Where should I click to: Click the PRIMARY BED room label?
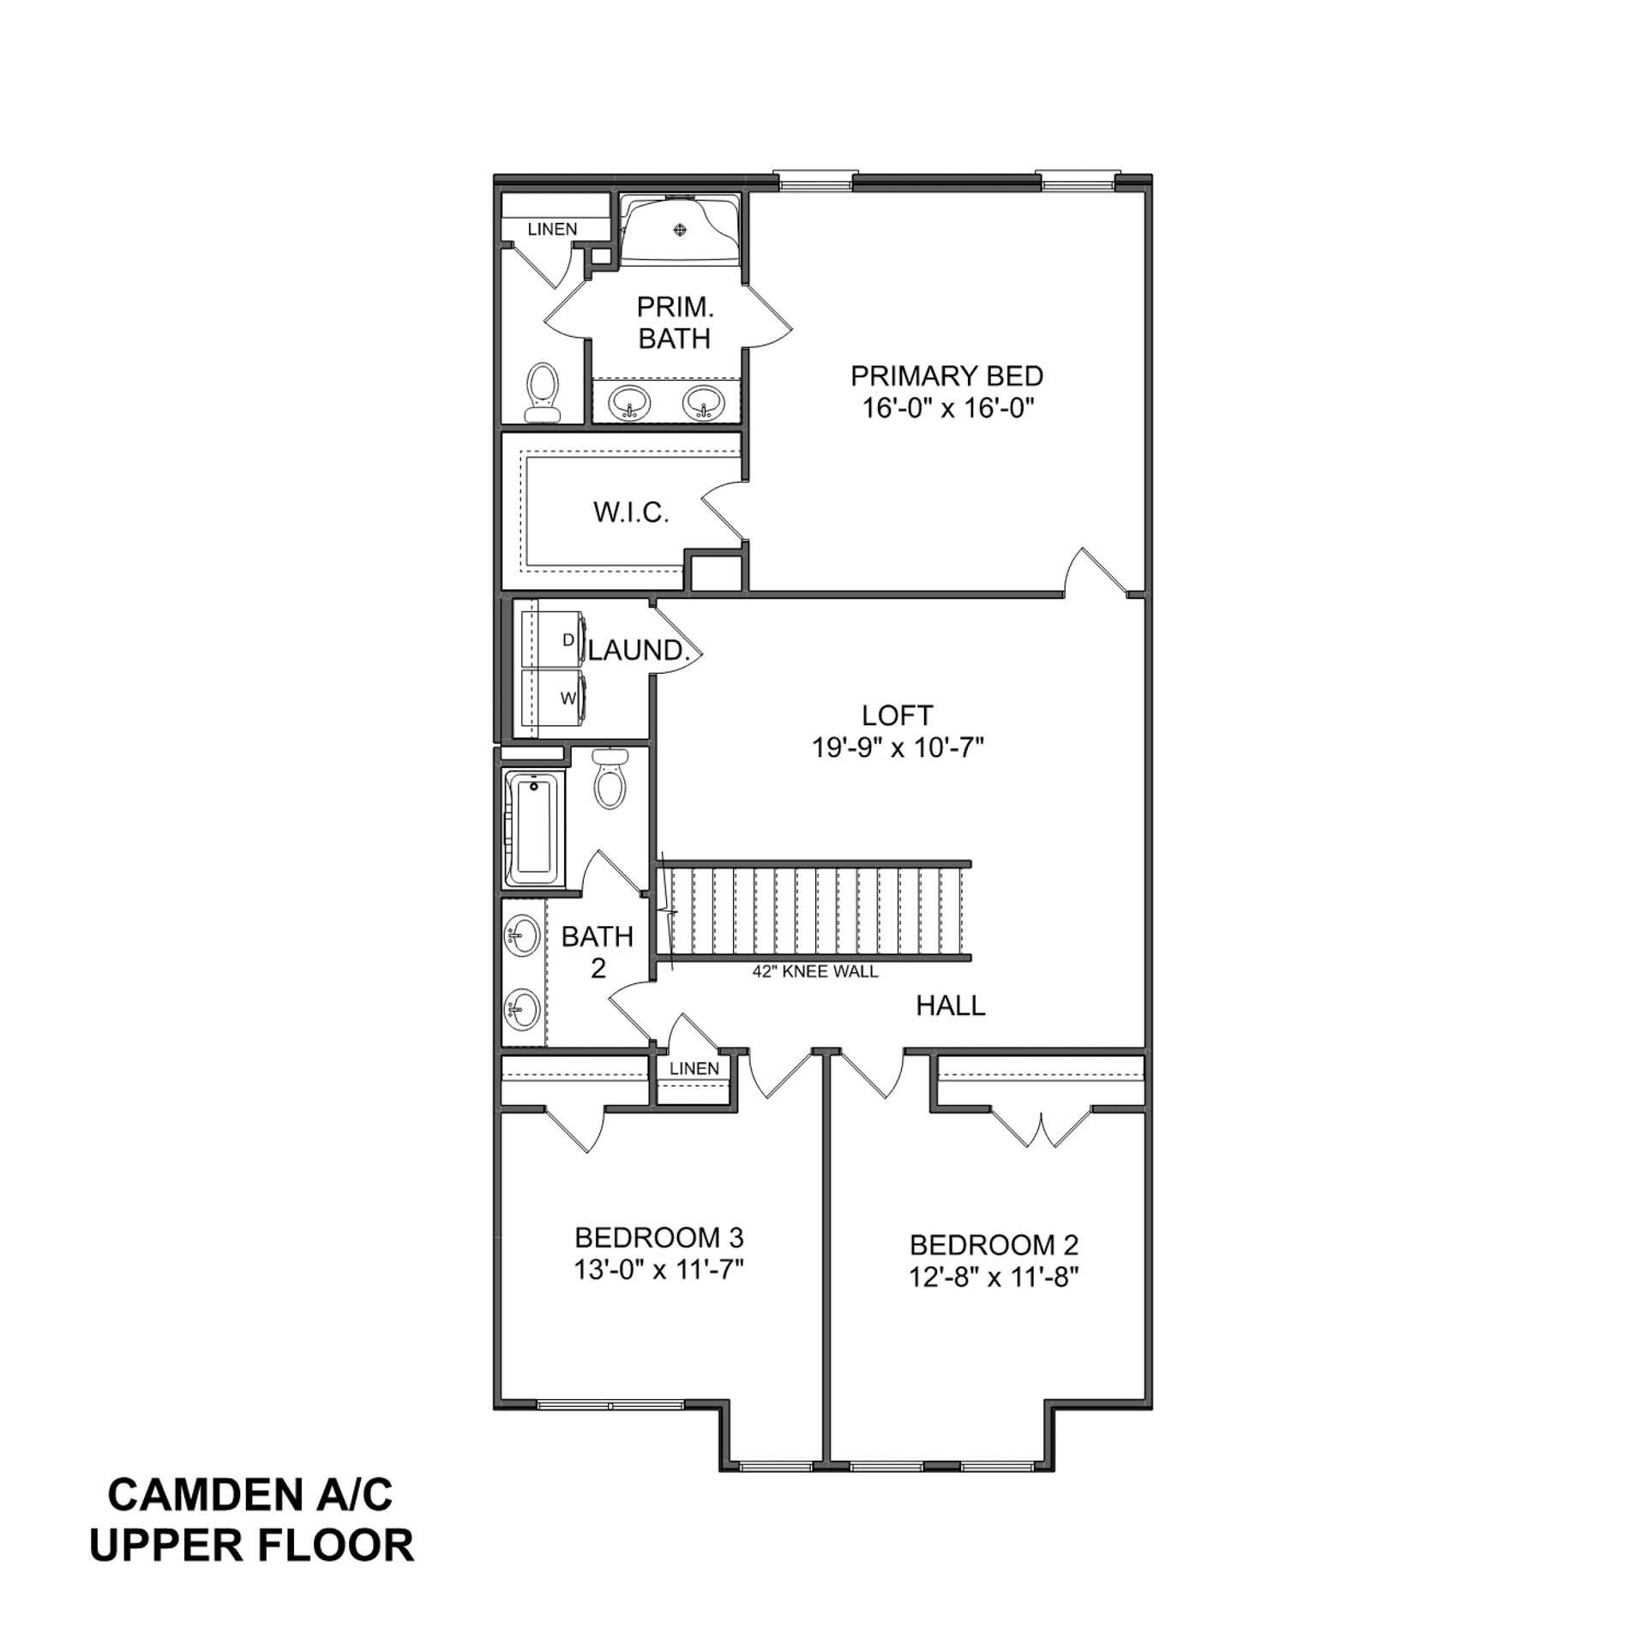coord(946,376)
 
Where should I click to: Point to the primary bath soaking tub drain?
coord(681,229)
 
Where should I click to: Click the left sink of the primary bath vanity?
coord(631,400)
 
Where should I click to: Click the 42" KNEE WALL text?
coord(814,971)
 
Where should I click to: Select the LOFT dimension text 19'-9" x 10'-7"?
coord(897,748)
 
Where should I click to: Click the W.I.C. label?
coord(631,513)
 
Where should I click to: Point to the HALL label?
coord(950,1006)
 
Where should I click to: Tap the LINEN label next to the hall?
coord(694,1068)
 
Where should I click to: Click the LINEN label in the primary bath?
coord(552,229)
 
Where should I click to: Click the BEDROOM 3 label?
coord(658,1237)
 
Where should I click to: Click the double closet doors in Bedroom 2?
coord(1042,1129)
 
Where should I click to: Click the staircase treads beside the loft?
coord(814,910)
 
